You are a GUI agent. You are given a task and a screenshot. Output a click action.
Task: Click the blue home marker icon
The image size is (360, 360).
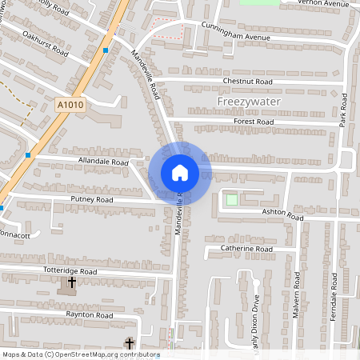click(180, 173)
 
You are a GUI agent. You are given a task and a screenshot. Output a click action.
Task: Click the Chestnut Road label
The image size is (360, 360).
click(248, 82)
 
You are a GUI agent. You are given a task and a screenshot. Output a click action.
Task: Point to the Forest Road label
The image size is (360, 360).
click(254, 122)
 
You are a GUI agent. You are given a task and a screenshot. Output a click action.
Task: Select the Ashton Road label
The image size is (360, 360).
click(283, 216)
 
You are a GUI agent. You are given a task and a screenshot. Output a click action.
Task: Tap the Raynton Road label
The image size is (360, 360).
click(89, 316)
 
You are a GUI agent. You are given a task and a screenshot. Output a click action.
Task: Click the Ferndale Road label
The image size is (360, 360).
click(333, 297)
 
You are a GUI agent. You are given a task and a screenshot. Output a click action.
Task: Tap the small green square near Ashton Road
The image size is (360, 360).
click(232, 199)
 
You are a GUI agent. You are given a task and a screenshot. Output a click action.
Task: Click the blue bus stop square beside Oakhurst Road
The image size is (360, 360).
click(106, 50)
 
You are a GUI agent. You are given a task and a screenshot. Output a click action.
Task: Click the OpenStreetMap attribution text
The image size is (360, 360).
click(80, 354)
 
